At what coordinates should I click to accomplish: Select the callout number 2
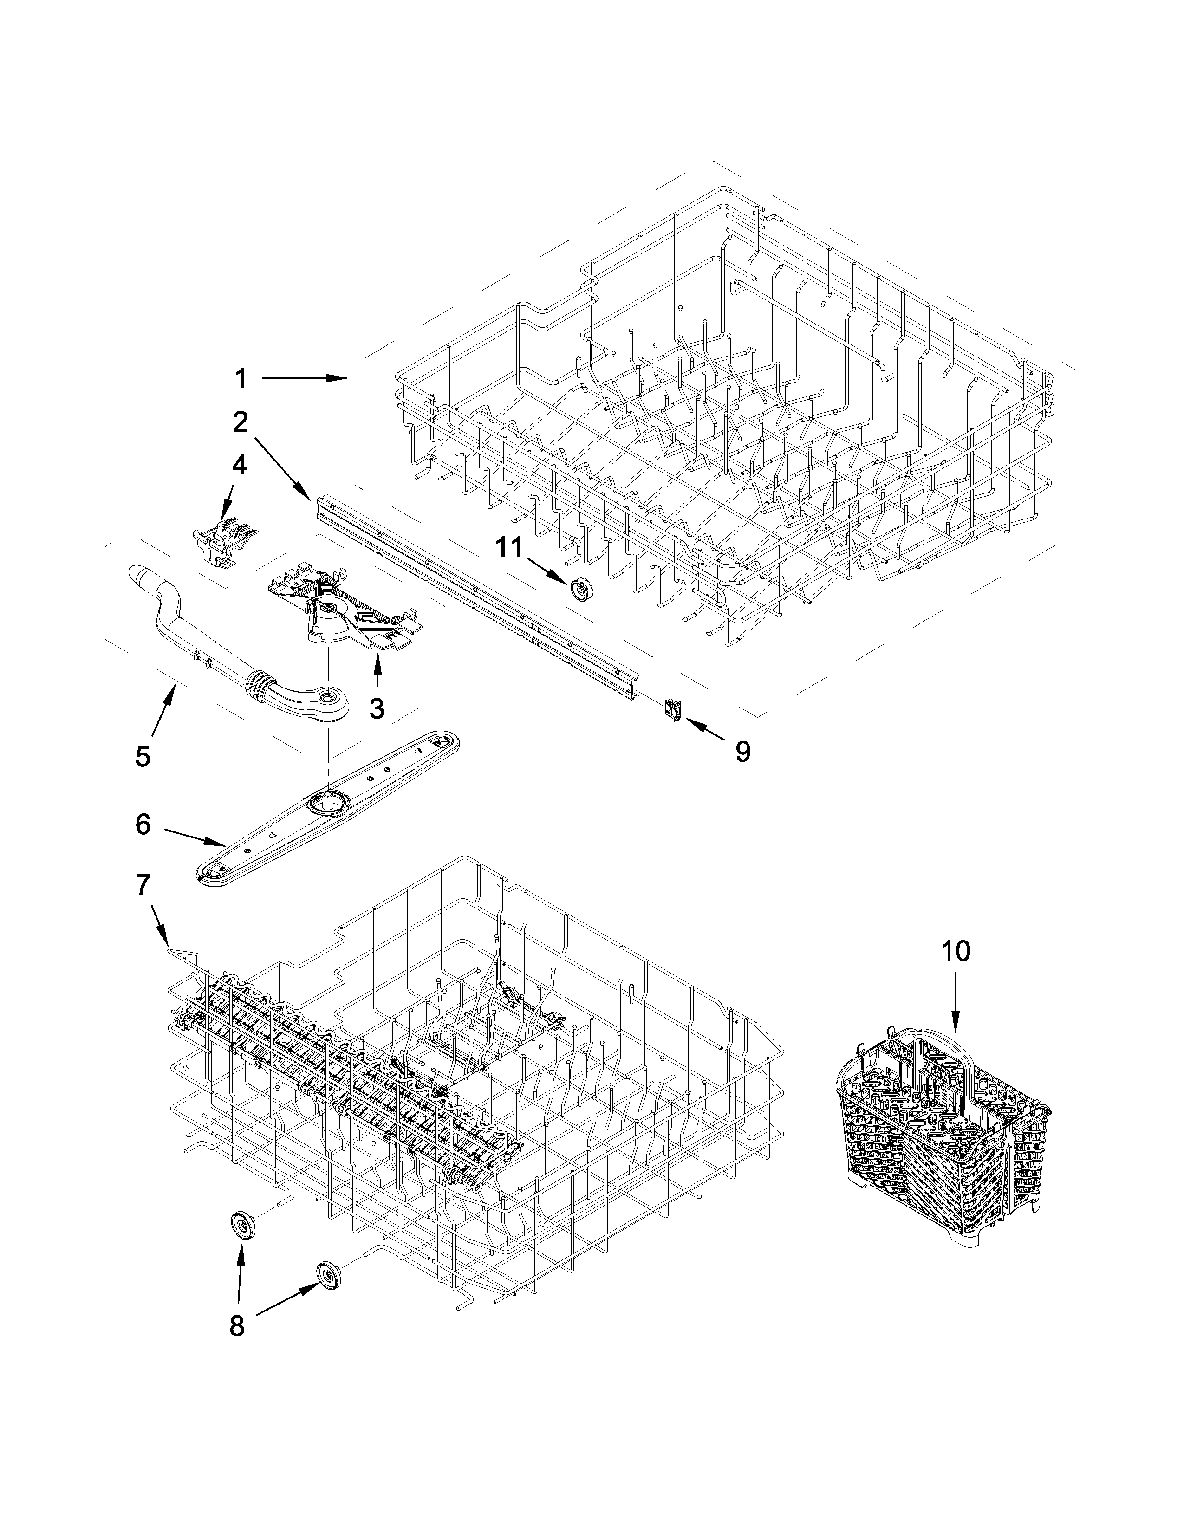(241, 422)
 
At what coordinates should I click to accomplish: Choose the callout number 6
(143, 825)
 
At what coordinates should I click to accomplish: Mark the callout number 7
(143, 885)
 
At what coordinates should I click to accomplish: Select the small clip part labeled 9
(670, 710)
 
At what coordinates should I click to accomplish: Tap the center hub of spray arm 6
(327, 800)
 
